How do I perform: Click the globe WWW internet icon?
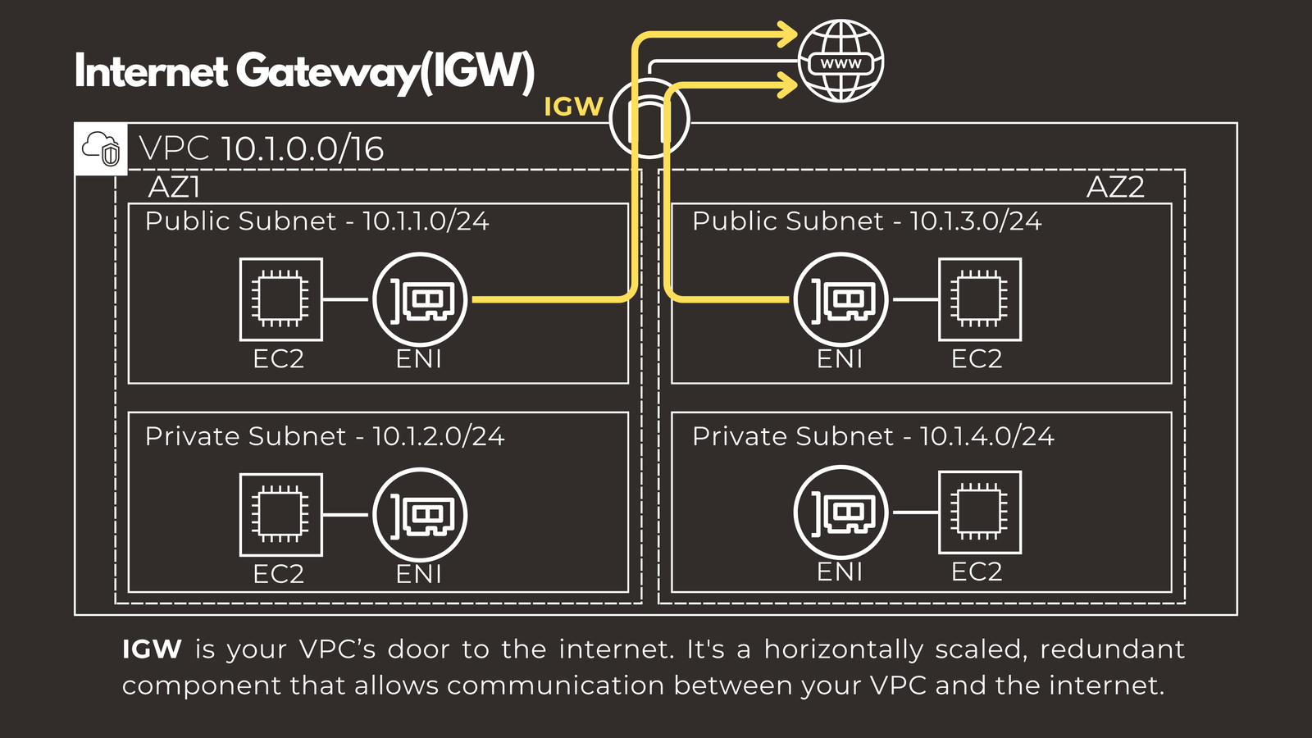[840, 61]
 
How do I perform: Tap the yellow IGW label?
[573, 107]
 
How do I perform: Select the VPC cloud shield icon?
[101, 149]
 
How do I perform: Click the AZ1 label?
[174, 188]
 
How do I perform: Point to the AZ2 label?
[1114, 188]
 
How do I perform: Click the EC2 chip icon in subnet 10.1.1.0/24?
[280, 299]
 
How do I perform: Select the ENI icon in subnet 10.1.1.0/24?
[420, 299]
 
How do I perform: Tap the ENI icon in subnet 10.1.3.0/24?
[840, 299]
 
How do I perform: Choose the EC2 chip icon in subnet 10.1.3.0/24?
[980, 299]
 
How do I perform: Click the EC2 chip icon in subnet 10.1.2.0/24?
[280, 515]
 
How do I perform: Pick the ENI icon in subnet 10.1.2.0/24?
[420, 515]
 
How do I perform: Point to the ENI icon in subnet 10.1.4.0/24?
[840, 512]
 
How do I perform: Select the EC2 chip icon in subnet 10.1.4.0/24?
[980, 512]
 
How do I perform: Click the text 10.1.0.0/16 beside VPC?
[302, 149]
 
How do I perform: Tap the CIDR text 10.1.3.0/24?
[976, 221]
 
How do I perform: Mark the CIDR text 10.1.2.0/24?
[438, 436]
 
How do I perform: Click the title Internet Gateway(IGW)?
[304, 71]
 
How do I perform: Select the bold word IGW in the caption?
[152, 649]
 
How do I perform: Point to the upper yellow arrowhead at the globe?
[786, 34]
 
